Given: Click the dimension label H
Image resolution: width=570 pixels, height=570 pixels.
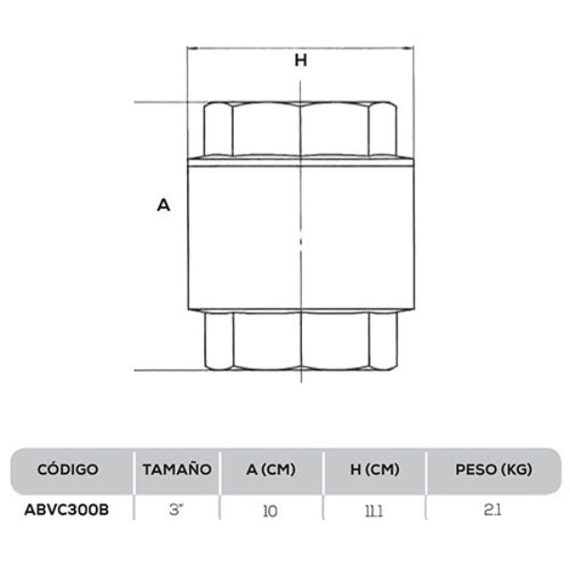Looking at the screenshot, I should click(x=301, y=60).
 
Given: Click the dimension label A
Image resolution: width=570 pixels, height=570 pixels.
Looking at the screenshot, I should click(x=163, y=204).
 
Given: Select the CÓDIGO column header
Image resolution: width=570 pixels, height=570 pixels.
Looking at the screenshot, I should click(x=67, y=469).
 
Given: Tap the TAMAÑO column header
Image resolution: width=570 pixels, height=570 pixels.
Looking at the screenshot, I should click(x=176, y=469).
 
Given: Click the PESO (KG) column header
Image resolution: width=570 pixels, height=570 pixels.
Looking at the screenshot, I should click(x=492, y=469).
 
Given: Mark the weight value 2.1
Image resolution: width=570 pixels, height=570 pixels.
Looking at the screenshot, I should click(x=492, y=510).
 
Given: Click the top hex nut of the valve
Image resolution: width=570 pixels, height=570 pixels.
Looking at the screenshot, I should click(x=301, y=128).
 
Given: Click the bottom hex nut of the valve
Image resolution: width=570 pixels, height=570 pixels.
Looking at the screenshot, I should click(x=301, y=340).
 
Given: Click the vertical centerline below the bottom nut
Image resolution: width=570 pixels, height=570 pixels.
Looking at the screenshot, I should click(x=301, y=378).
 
